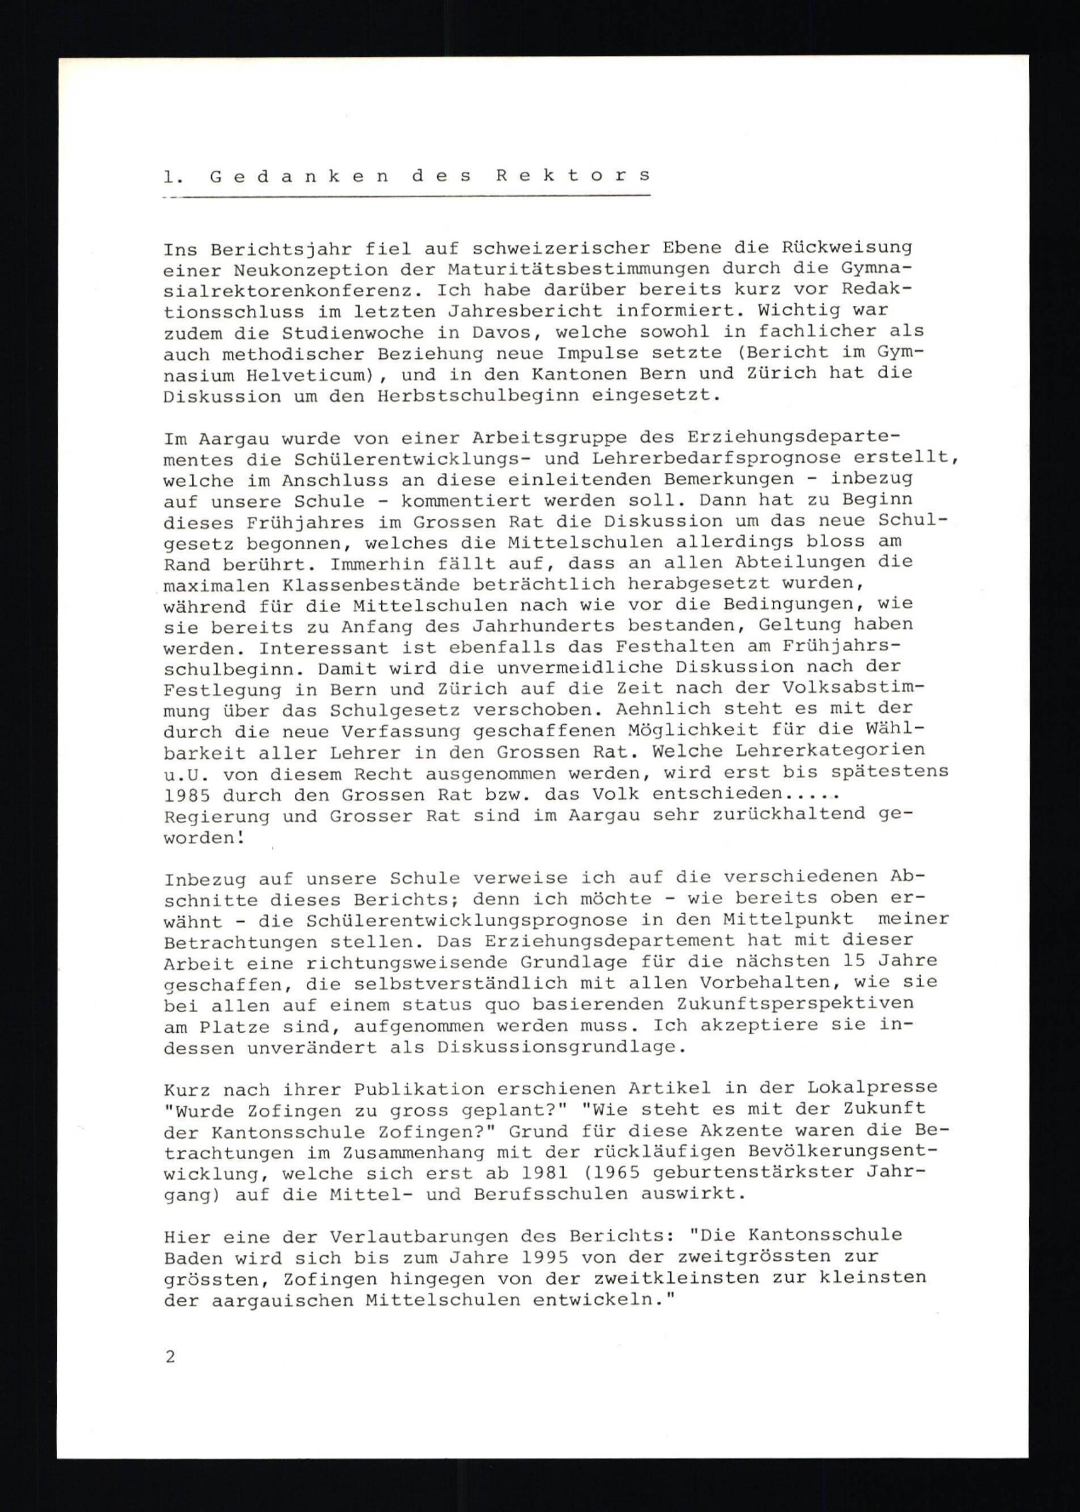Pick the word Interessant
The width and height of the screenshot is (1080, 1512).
coord(318,647)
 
